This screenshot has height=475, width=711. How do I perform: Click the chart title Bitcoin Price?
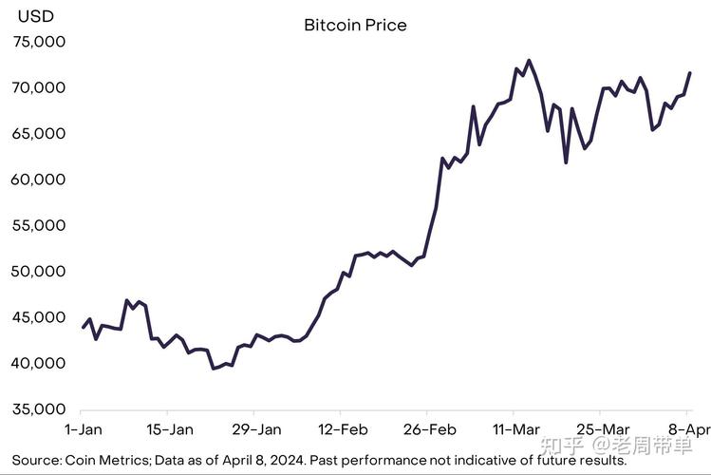point(355,25)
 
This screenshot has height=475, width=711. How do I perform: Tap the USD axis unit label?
point(36,16)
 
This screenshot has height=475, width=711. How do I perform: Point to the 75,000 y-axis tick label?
point(39,42)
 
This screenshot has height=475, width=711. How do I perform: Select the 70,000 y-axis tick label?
point(39,87)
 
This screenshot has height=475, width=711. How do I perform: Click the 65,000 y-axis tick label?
point(39,133)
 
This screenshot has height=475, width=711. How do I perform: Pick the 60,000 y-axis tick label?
point(39,180)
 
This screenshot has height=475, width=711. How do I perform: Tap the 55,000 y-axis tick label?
point(39,225)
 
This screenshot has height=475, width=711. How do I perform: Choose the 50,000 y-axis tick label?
point(39,271)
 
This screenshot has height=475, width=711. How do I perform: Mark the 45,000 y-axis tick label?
point(39,317)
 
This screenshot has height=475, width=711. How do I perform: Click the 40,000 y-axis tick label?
point(39,363)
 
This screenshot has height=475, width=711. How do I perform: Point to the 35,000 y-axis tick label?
point(39,409)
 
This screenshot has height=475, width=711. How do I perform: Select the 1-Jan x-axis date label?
point(84,428)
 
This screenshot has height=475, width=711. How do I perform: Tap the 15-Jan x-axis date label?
point(167,428)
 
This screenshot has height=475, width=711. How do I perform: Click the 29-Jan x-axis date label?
point(255,428)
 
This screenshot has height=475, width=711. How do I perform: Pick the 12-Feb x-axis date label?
point(342,428)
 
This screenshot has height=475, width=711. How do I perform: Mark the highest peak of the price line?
point(529,61)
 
